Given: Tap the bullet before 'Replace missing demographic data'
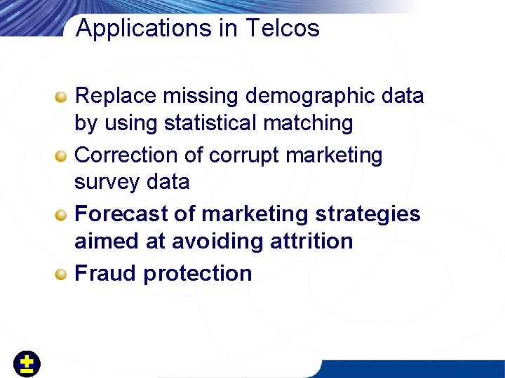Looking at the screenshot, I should [x=62, y=96].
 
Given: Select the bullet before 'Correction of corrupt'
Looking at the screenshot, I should [x=62, y=155].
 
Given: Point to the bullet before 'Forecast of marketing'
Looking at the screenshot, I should [x=62, y=214].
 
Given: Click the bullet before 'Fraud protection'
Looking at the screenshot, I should [x=62, y=274].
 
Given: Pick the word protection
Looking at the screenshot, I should [x=197, y=274].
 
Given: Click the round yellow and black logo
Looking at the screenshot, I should [x=27, y=364].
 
